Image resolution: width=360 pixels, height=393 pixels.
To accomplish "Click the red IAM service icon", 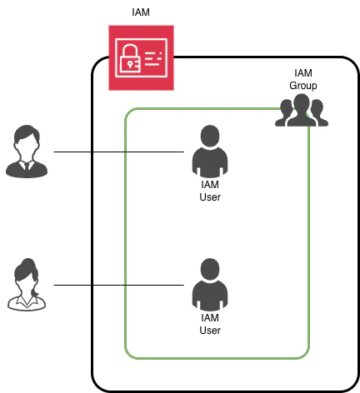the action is tap(141, 57).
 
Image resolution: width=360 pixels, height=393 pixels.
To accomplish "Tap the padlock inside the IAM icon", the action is tap(130, 57).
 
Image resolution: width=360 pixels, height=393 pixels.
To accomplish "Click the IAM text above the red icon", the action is tap(141, 12).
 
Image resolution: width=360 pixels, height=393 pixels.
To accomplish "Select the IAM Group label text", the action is tap(303, 79).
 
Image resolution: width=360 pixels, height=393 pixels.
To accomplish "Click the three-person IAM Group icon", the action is tap(302, 111).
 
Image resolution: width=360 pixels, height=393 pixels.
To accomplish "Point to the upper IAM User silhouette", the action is tap(210, 152).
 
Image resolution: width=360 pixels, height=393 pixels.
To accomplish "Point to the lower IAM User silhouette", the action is tap(210, 285).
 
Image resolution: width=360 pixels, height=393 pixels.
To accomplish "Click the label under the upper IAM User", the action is tap(210, 191).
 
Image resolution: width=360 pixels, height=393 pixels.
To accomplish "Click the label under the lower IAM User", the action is tap(210, 324).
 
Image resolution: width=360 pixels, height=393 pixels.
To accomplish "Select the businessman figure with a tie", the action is tap(27, 152).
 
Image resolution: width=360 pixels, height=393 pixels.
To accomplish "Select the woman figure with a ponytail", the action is tap(27, 285).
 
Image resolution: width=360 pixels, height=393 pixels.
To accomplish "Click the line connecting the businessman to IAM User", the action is tap(118, 152).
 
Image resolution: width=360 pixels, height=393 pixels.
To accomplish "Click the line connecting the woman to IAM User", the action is tap(118, 285).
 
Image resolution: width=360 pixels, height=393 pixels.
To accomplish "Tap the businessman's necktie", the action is tap(27, 167).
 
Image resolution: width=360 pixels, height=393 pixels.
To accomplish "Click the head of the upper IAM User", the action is tap(210, 136).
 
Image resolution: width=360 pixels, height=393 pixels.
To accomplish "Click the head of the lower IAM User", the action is tap(210, 269).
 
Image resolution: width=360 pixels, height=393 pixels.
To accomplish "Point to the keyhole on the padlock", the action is tap(129, 65).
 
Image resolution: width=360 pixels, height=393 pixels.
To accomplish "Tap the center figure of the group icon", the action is tap(302, 111).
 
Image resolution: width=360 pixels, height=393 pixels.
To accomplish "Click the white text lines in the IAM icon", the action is tap(153, 59).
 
